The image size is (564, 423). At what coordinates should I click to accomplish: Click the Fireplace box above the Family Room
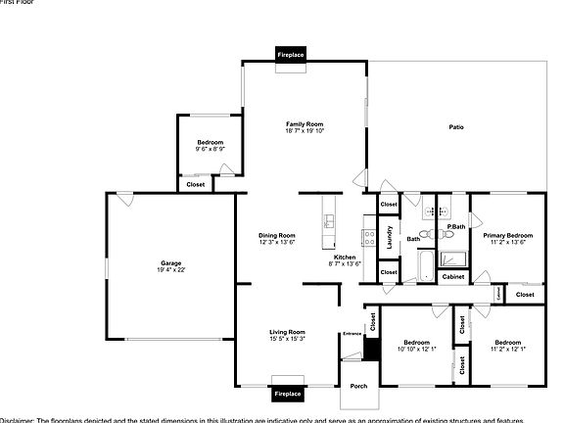291,56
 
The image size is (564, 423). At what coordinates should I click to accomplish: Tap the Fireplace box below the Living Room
288,393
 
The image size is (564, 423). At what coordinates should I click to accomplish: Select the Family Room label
305,124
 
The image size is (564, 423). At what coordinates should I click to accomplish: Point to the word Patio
456,127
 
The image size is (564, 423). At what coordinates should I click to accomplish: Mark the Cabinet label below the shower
452,277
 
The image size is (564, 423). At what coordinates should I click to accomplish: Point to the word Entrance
352,334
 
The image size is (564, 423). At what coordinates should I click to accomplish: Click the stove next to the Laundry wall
369,236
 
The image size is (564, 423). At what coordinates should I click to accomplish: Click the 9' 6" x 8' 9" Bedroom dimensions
210,149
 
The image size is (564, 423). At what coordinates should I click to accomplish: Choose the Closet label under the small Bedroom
196,183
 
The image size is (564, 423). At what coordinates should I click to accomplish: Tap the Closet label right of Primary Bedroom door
525,294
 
